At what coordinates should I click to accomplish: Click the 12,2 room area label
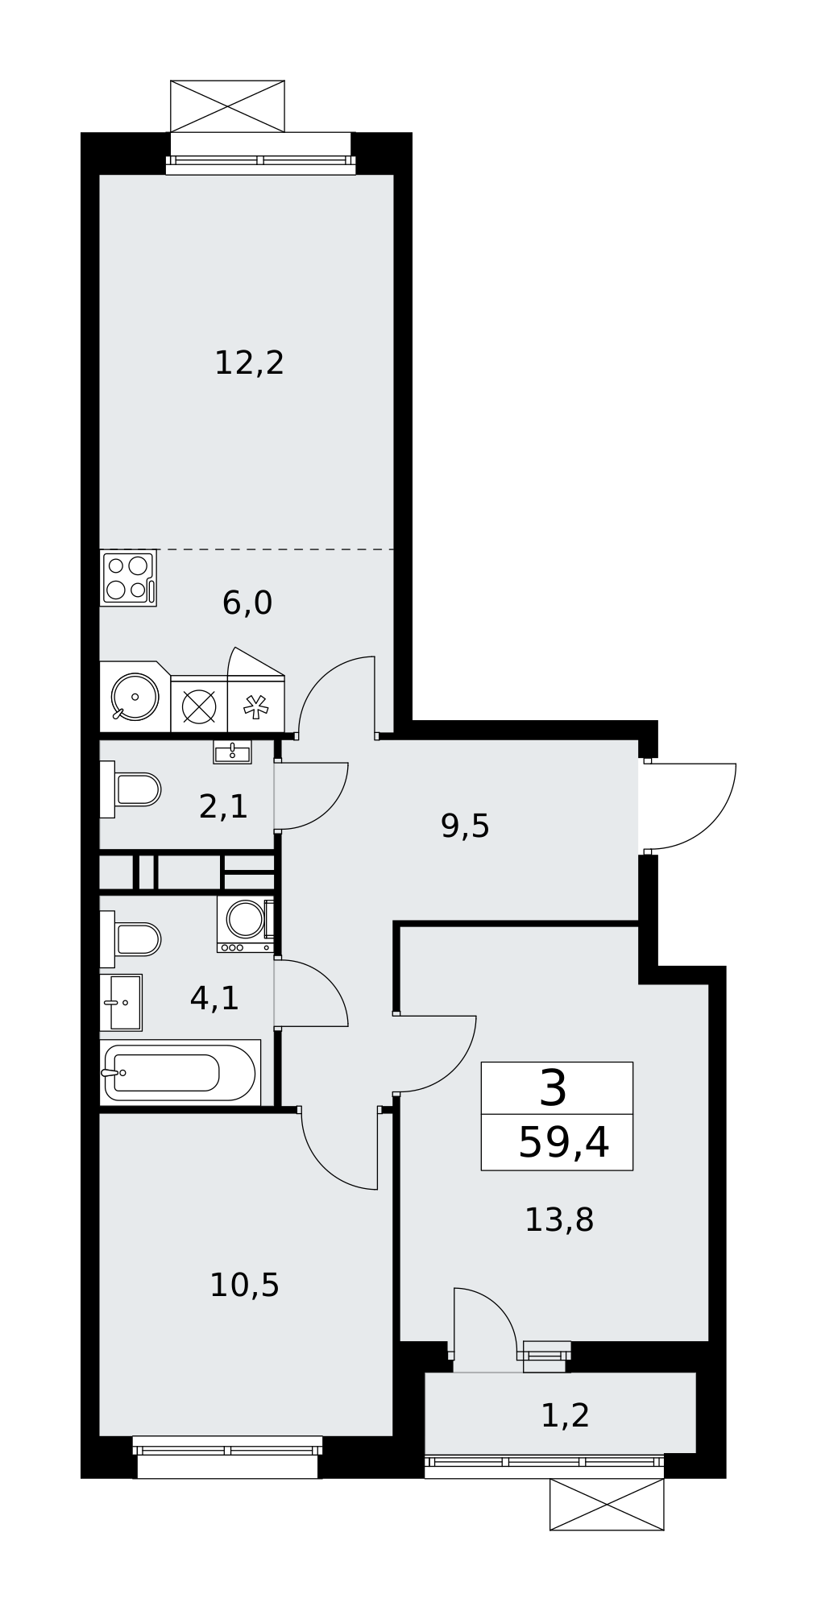coord(249,363)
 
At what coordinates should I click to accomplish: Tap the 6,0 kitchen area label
coord(247,603)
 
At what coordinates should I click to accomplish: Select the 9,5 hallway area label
coord(465,826)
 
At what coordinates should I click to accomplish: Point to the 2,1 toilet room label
coord(223,806)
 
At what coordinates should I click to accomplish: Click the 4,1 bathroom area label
coord(214,999)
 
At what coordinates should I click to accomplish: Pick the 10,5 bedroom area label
coord(244,1286)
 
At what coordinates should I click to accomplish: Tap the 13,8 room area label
coord(559,1220)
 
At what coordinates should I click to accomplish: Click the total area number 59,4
coord(563,1142)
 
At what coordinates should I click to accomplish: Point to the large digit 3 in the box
coord(554,1088)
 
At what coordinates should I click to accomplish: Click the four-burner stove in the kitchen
coord(128,578)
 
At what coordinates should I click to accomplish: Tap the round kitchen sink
coord(135,697)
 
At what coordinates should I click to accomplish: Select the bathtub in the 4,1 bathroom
coord(180,1072)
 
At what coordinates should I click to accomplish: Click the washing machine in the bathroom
coord(246,925)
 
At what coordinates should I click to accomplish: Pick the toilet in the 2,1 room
coord(131,789)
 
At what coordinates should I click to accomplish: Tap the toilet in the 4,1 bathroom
coord(131,939)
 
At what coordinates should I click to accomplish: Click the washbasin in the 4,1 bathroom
coord(121,1003)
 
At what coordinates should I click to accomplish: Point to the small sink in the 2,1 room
coord(232,752)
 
